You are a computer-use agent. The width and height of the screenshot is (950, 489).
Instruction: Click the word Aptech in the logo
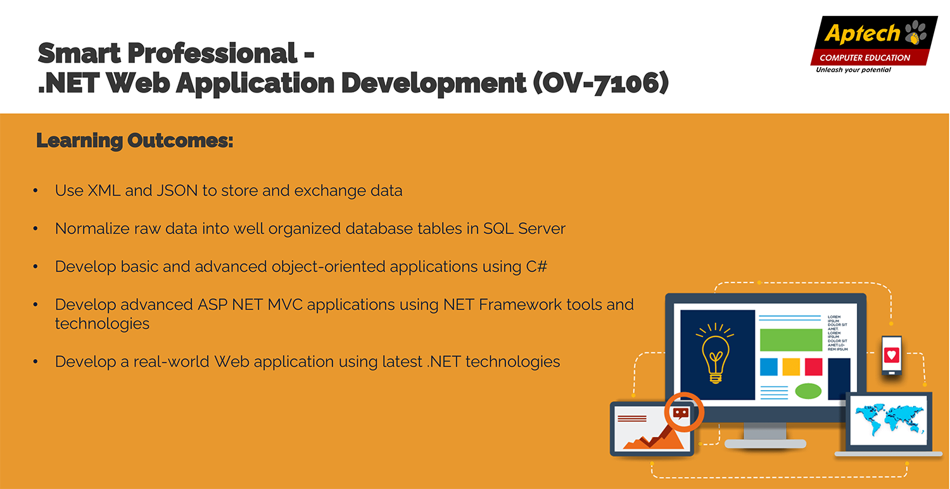pyautogui.click(x=862, y=34)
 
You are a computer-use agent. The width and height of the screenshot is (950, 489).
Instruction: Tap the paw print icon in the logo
pyautogui.click(x=916, y=32)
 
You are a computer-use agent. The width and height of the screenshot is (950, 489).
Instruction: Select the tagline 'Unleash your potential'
pyautogui.click(x=853, y=70)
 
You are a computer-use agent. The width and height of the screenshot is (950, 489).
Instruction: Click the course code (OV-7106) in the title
pyautogui.click(x=600, y=83)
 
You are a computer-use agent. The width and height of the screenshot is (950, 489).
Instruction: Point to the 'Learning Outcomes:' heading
pyautogui.click(x=135, y=141)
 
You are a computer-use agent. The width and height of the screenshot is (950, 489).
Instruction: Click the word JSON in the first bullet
pyautogui.click(x=177, y=191)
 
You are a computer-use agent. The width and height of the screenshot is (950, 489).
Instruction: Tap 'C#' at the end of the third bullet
pyautogui.click(x=536, y=267)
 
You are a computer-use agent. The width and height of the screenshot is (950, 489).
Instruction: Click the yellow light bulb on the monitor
pyautogui.click(x=716, y=353)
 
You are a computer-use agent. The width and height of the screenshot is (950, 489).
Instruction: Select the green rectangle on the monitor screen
pyautogui.click(x=791, y=340)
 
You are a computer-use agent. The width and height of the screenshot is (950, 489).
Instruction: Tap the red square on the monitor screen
pyautogui.click(x=813, y=367)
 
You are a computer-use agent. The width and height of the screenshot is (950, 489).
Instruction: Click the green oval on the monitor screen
pyautogui.click(x=808, y=391)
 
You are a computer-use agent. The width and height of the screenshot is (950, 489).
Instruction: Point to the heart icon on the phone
pyautogui.click(x=892, y=355)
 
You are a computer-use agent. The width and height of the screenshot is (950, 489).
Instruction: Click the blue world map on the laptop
pyautogui.click(x=889, y=419)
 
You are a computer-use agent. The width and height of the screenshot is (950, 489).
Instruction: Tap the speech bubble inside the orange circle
pyautogui.click(x=681, y=413)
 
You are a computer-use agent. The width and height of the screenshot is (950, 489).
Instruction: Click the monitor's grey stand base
pyautogui.click(x=765, y=443)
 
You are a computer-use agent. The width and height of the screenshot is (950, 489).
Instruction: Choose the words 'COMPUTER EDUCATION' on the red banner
pyautogui.click(x=864, y=58)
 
